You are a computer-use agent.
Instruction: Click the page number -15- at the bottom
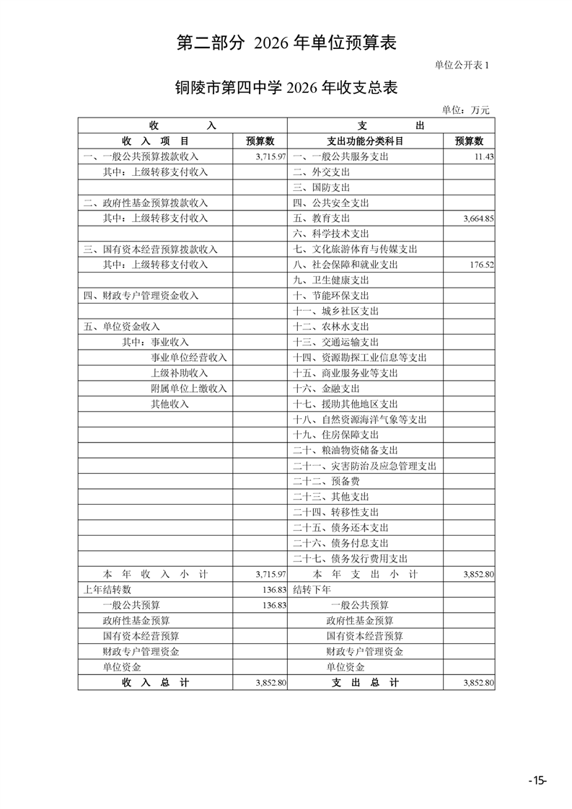[537, 780]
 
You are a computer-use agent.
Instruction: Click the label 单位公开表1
[462, 65]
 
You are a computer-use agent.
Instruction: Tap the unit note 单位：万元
[465, 110]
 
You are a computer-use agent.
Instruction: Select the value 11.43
[483, 156]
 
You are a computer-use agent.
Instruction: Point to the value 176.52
[481, 265]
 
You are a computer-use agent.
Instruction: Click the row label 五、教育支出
[322, 218]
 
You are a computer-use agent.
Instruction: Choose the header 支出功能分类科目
[365, 141]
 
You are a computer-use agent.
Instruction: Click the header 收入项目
[156, 141]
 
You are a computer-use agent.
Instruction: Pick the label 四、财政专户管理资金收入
[141, 296]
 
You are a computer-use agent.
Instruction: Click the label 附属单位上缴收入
[188, 389]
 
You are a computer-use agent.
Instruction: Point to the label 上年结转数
[107, 589]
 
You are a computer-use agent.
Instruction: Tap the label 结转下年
[312, 589]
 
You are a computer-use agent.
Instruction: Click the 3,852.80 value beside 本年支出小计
[478, 575]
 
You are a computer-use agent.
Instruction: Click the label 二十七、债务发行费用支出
[351, 559]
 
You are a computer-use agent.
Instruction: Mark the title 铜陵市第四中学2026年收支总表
[286, 88]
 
